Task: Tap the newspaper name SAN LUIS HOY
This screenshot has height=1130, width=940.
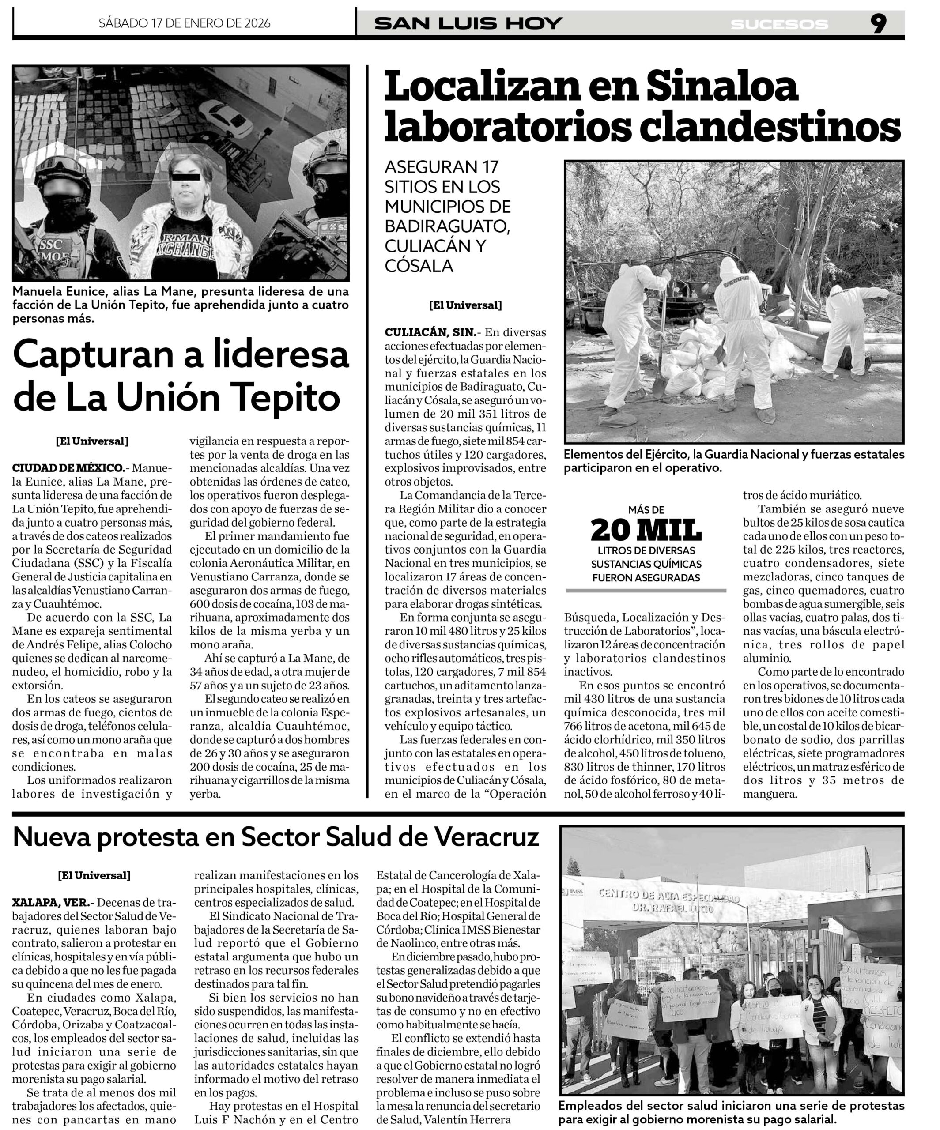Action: [x=468, y=24]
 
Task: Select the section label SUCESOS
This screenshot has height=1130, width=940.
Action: [x=779, y=24]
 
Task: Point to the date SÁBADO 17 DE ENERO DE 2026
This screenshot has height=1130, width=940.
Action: [x=185, y=23]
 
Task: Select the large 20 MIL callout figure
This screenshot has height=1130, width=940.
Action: [x=646, y=531]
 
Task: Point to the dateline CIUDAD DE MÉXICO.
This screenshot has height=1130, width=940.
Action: [x=68, y=467]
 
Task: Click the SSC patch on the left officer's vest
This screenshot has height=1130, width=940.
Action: [x=51, y=245]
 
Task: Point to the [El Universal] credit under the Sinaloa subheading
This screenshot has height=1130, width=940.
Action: [x=465, y=305]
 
